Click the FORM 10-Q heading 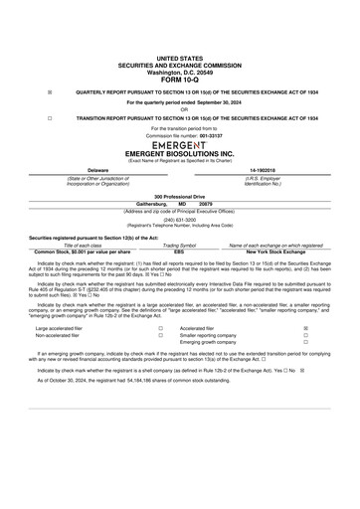[x=180, y=81]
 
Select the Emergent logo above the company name [x=180, y=144]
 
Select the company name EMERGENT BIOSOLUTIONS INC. [x=180, y=154]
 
